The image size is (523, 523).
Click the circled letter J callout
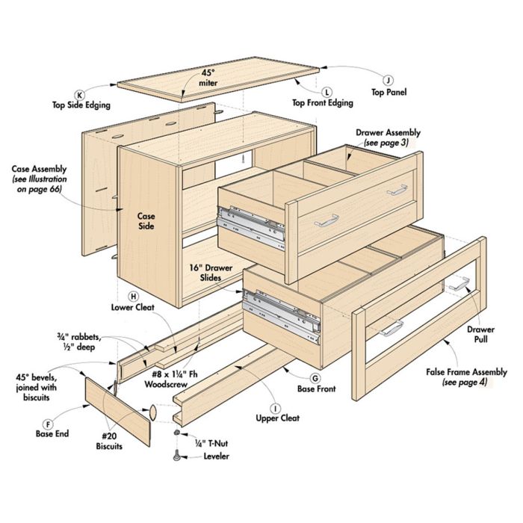click(x=388, y=80)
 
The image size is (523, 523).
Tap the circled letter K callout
click(x=80, y=94)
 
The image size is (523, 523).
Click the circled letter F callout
click(x=49, y=422)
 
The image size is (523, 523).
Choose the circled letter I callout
click(x=276, y=408)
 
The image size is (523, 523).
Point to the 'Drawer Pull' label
click(x=480, y=333)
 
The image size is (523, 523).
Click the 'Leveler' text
click(x=214, y=456)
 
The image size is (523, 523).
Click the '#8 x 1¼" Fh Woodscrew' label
click(x=173, y=381)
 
